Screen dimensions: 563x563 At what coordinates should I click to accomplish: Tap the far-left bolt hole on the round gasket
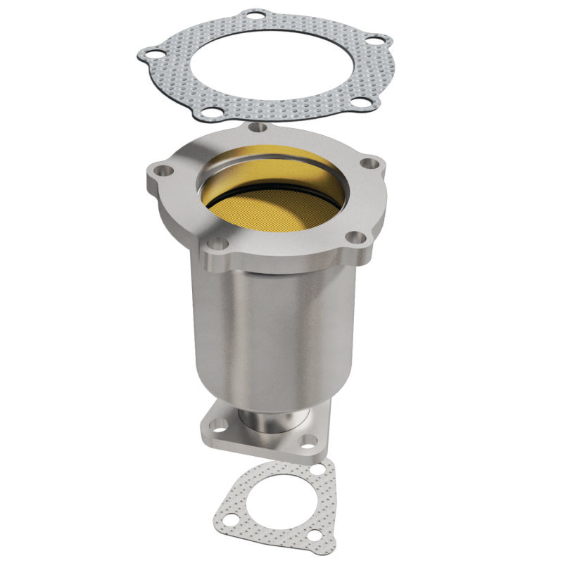(149, 53)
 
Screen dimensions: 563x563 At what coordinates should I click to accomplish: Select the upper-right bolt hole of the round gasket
(379, 40)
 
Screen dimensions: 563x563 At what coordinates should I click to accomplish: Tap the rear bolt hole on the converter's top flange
(259, 128)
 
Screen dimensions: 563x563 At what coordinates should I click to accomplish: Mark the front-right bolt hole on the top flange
(356, 238)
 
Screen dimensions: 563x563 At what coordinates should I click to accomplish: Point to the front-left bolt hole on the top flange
(219, 244)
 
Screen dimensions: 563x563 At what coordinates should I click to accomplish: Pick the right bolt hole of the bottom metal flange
(308, 441)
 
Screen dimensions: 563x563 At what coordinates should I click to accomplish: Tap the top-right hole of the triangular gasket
(320, 468)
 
